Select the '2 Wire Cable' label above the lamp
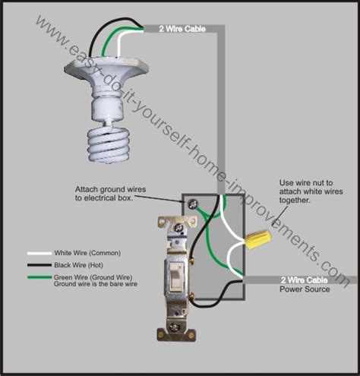181,29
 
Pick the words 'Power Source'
304,289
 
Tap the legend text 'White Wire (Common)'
87,253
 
